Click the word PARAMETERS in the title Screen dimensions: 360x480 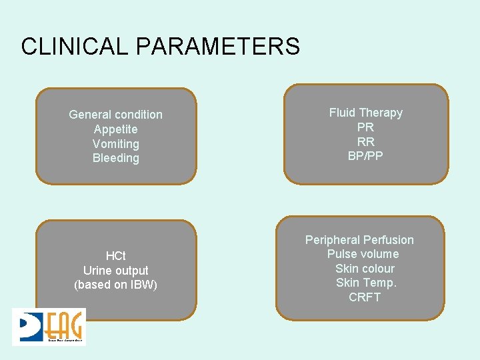(x=218, y=47)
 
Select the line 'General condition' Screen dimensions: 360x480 (x=115, y=115)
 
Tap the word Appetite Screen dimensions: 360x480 (x=115, y=129)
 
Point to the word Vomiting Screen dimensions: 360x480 (x=115, y=144)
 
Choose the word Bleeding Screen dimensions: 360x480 (x=115, y=159)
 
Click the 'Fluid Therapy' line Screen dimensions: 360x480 (x=365, y=113)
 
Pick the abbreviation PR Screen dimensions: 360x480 (x=365, y=127)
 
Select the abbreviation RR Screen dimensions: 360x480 (x=365, y=142)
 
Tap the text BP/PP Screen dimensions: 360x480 (x=365, y=157)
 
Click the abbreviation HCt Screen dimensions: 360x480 (x=115, y=256)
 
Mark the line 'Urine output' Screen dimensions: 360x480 (x=115, y=271)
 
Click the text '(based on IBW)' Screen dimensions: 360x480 (x=115, y=285)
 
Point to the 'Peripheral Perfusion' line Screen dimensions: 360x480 (x=359, y=240)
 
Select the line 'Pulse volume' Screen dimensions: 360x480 (x=363, y=254)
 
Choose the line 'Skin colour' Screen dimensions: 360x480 (x=365, y=269)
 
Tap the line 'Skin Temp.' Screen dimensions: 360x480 (x=366, y=283)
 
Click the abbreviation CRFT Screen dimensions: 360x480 (x=365, y=297)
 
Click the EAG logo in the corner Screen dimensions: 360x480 (x=49, y=327)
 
